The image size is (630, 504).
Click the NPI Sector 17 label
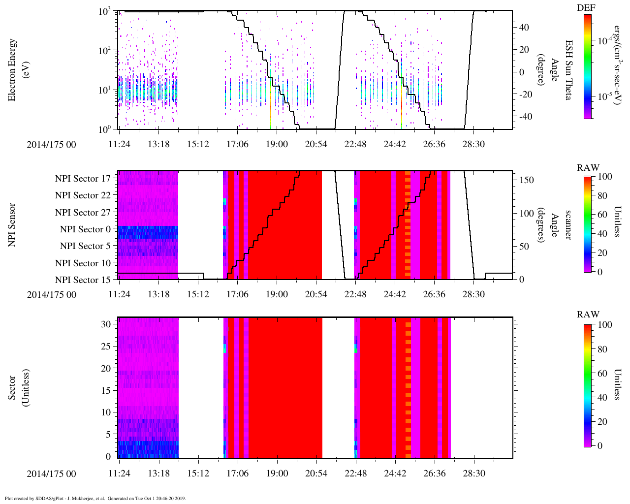[x=83, y=179]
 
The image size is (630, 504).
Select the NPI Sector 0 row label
[x=86, y=229]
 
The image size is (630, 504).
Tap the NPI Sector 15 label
[x=83, y=280]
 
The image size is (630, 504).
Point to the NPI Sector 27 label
[x=83, y=213]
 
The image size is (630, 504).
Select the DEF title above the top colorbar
[x=586, y=8]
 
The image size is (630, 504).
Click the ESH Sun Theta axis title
[x=568, y=70]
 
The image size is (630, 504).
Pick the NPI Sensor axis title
[x=12, y=225]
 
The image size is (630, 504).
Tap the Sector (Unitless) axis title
[x=18, y=388]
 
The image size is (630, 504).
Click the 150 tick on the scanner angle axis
[x=527, y=180]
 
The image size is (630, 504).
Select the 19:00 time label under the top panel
[x=277, y=144]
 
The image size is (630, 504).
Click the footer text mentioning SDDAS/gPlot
[x=95, y=498]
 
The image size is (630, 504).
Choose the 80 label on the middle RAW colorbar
[x=602, y=195]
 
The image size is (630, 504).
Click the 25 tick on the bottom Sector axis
[x=106, y=346]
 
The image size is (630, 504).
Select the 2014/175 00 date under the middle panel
[x=51, y=295]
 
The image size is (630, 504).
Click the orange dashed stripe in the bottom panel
[x=408, y=389]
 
